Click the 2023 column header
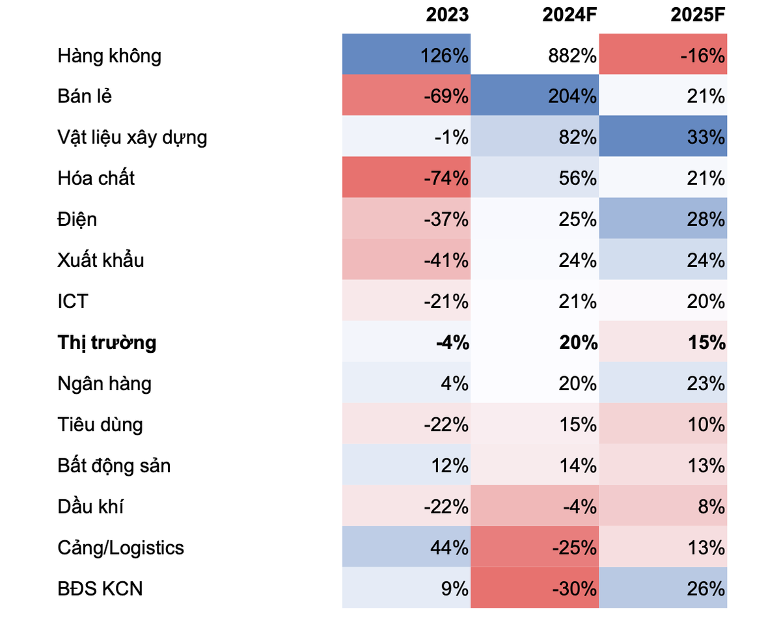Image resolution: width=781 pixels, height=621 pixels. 447,15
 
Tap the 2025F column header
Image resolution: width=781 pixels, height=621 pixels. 698,15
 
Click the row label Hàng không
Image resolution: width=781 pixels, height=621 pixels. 109,56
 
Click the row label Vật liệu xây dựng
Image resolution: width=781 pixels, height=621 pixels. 132,138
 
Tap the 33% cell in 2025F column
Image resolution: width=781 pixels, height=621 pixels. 707,138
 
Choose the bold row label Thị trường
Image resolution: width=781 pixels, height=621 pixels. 107,342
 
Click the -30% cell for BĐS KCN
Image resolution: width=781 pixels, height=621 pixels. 574,589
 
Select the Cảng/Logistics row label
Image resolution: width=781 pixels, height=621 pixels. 120,548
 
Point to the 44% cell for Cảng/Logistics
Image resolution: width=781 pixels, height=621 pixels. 449,548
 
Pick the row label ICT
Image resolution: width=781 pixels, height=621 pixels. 72,301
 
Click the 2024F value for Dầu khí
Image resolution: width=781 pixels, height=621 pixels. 578,506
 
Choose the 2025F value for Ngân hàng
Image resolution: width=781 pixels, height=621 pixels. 707,384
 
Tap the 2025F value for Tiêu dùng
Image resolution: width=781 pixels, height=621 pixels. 707,425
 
